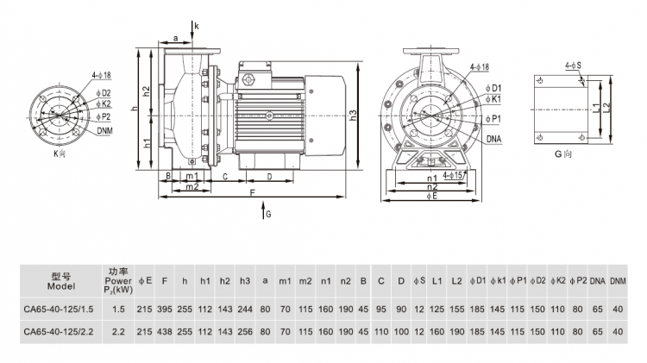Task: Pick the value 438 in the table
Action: (x=165, y=331)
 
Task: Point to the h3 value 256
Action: (x=244, y=331)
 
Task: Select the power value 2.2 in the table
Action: (x=119, y=331)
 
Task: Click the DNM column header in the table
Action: (x=618, y=280)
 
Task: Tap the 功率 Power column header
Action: (x=118, y=279)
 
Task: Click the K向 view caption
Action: (x=60, y=153)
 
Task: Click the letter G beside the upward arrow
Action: (x=268, y=212)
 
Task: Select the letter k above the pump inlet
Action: (x=197, y=27)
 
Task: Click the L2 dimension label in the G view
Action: (x=607, y=107)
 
